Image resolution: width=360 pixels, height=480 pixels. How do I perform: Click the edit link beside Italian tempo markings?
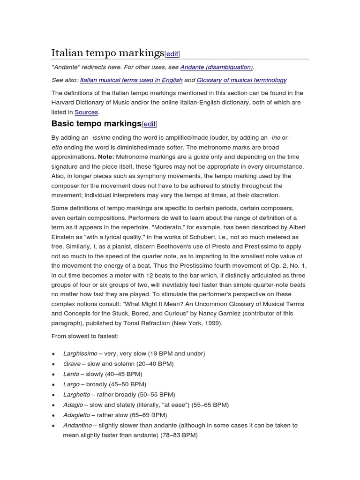(x=172, y=54)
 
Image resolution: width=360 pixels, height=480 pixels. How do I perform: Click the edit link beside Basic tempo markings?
(x=150, y=124)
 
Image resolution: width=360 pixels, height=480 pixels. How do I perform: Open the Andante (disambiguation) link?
(x=216, y=67)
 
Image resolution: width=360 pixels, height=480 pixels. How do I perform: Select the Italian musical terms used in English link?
(x=125, y=80)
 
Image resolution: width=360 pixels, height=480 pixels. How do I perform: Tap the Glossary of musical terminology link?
(x=241, y=80)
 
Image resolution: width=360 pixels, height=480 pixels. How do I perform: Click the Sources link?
(x=86, y=112)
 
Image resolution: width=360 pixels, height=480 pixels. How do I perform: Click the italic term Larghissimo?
(x=80, y=353)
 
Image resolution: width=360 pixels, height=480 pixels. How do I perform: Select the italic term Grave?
(x=72, y=364)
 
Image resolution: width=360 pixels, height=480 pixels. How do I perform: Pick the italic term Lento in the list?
(x=71, y=374)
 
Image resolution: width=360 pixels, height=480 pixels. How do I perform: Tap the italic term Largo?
(x=71, y=384)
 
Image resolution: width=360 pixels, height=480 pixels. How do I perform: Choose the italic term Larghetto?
(x=76, y=395)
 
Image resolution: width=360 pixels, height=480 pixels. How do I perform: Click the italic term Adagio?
(x=73, y=405)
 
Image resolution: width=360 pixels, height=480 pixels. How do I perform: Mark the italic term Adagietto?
(x=77, y=415)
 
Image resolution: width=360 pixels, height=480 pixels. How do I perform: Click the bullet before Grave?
(x=54, y=364)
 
